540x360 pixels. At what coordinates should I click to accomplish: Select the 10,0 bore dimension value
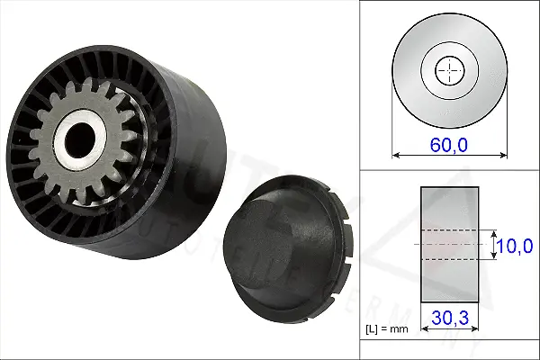coord(517,245)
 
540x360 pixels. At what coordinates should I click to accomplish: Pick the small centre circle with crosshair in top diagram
coord(447,69)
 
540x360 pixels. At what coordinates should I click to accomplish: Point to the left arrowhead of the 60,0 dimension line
coord(396,155)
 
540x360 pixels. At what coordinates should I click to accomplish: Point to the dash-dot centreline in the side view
coord(449,244)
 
